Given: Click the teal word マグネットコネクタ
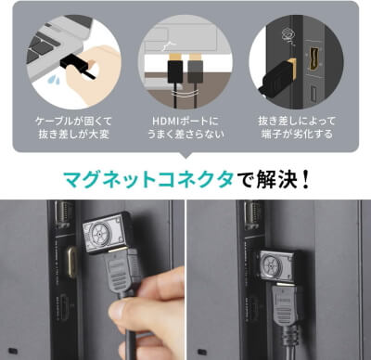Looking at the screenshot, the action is coord(148,179).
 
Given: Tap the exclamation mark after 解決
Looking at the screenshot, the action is coord(305,180).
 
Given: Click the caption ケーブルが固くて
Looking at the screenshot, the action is coord(73,121).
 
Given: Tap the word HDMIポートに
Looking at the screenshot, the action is coord(185,121).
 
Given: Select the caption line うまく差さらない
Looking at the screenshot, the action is coord(185,135).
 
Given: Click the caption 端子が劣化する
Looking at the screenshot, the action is coord(297,135).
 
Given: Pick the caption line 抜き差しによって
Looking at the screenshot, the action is coord(297,121).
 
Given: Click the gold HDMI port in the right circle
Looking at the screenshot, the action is coord(313,59).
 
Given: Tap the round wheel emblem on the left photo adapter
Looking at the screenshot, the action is coord(99,233).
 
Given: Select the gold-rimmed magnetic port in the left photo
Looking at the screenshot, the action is coord(71,262).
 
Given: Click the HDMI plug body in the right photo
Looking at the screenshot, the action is coord(285,303).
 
